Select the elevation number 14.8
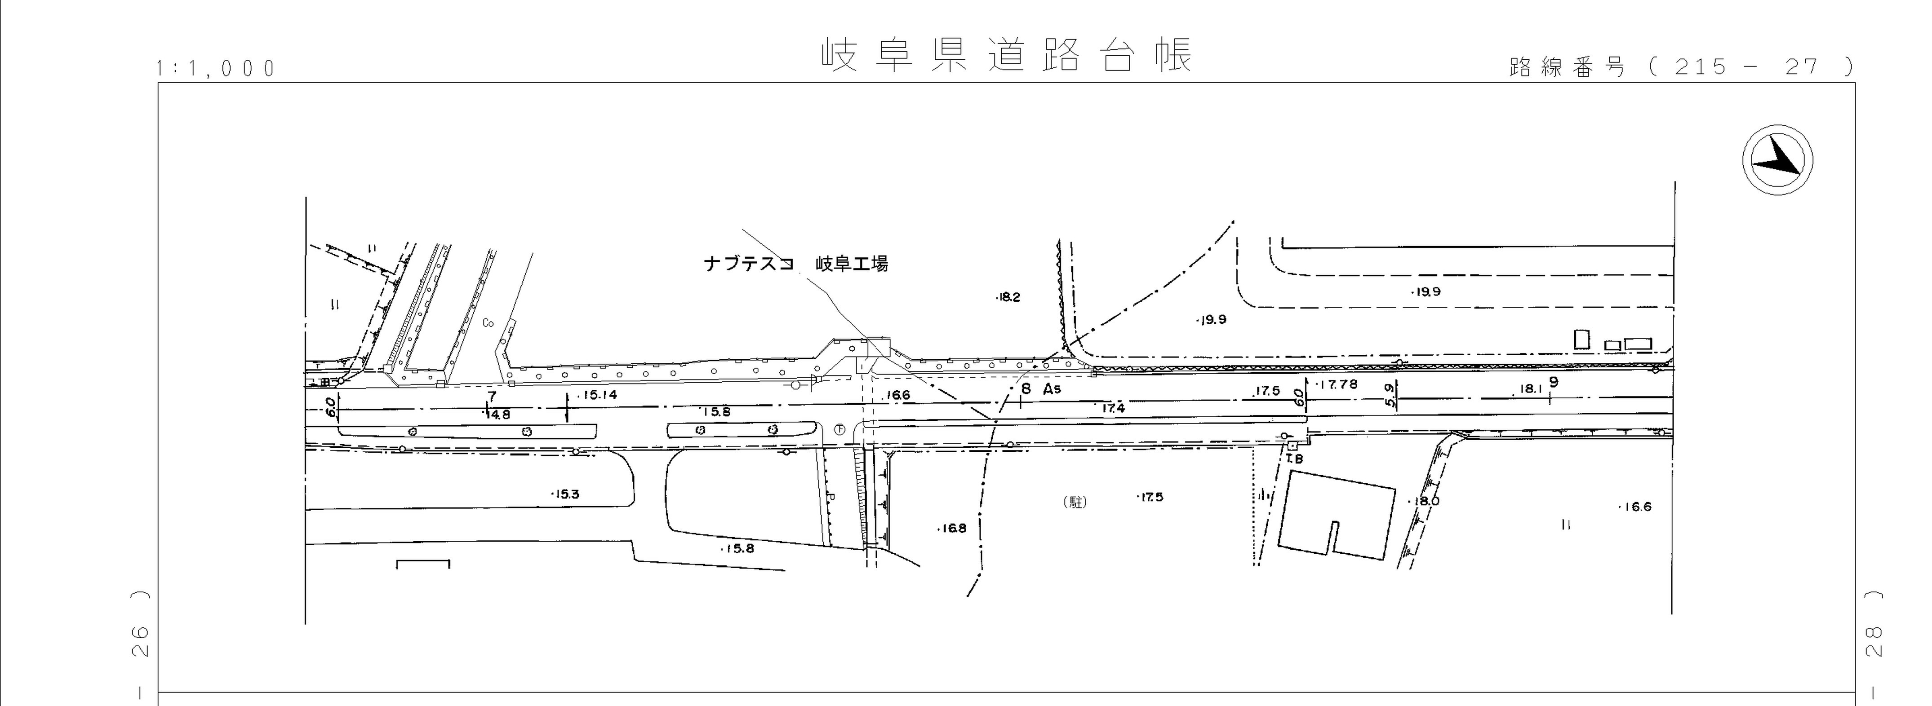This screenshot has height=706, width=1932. coord(497,415)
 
